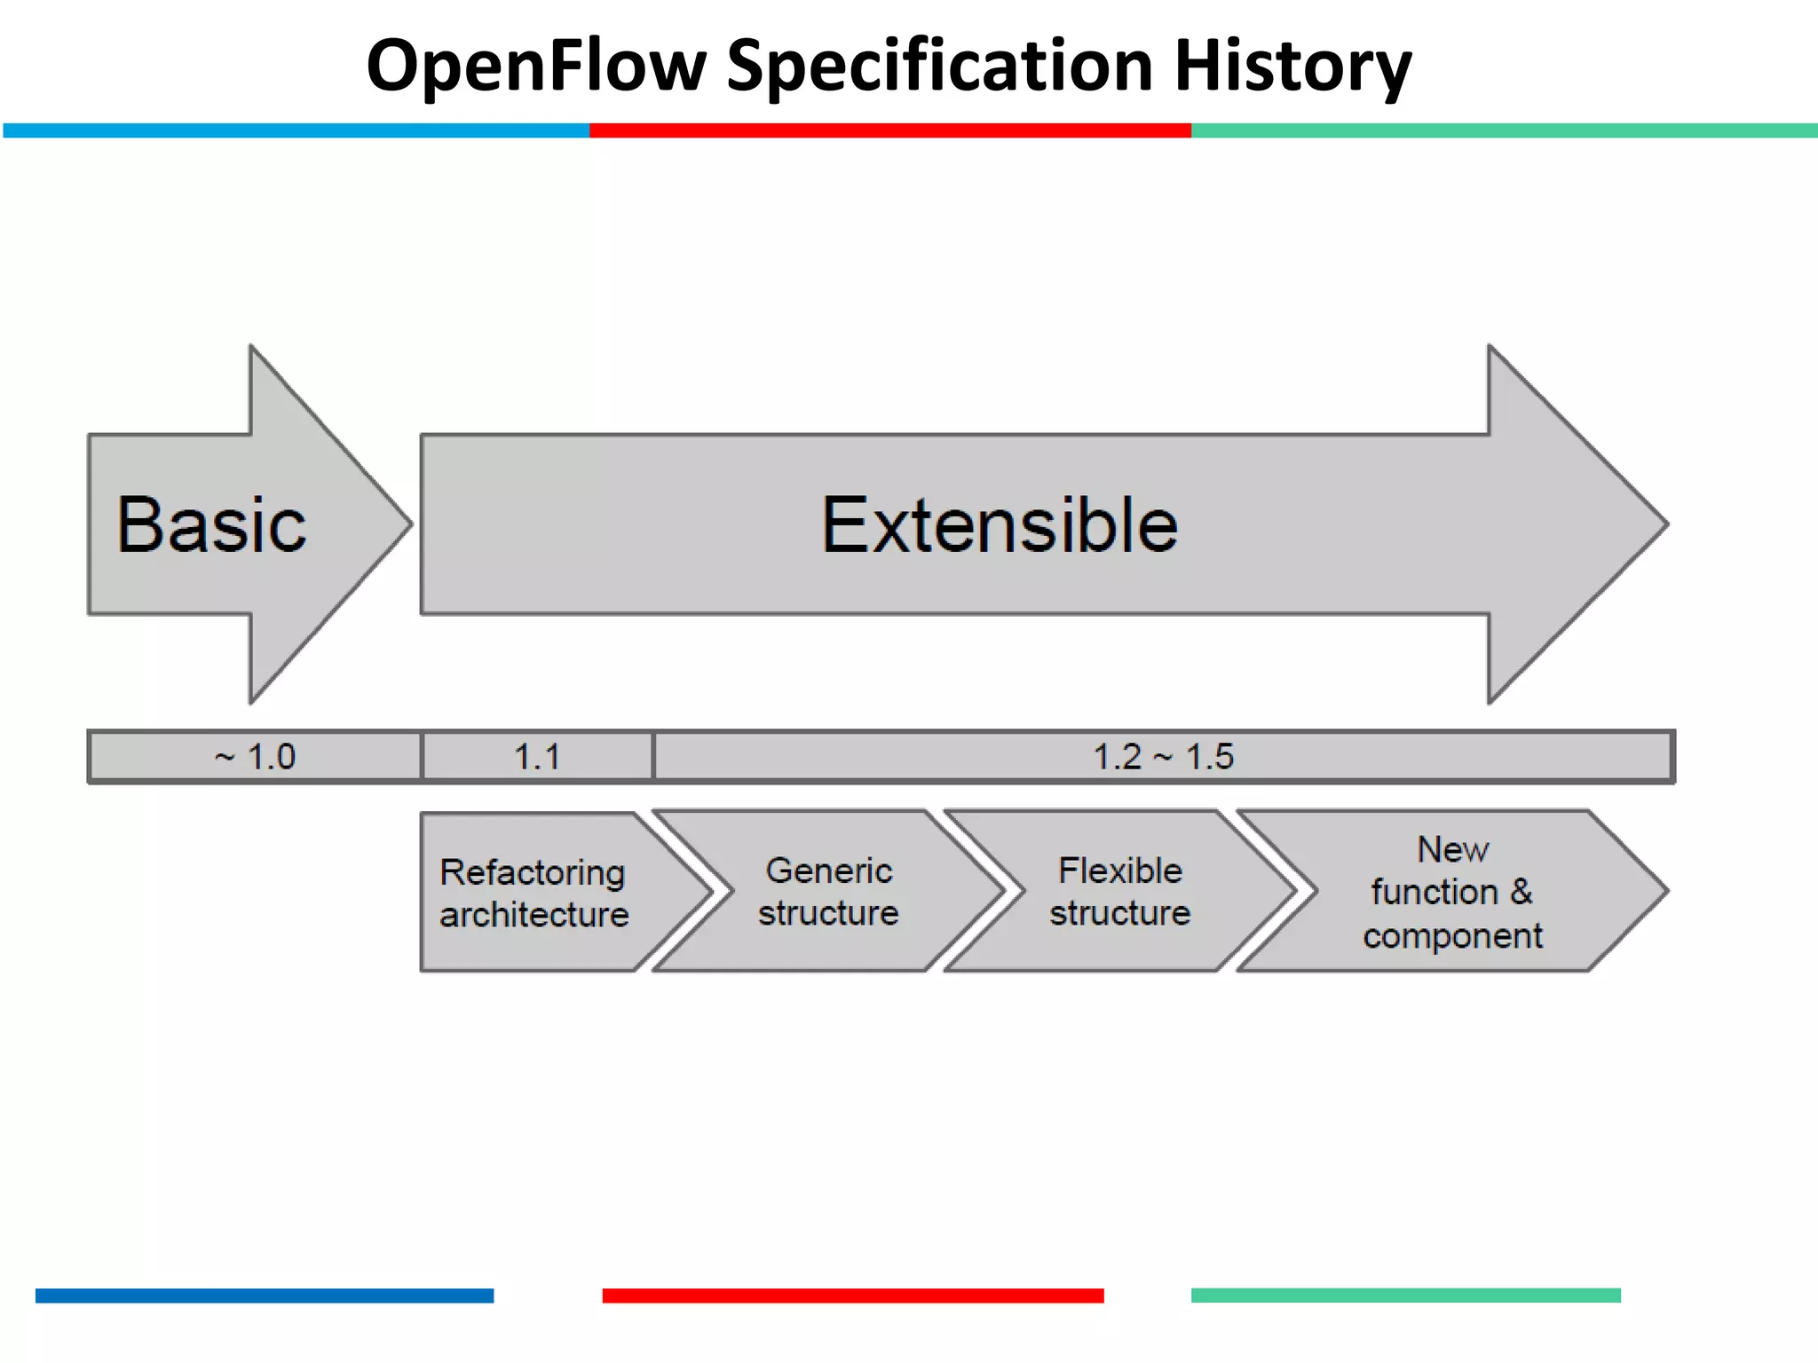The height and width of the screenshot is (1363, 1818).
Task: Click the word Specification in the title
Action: click(x=939, y=67)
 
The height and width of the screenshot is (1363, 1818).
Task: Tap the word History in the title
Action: click(x=1292, y=67)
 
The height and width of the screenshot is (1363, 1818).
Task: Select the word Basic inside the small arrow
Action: click(x=211, y=525)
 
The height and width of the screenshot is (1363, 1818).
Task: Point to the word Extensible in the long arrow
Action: click(x=1000, y=525)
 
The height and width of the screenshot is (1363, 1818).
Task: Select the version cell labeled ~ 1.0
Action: click(x=255, y=757)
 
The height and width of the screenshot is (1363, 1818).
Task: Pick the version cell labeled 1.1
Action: click(x=537, y=757)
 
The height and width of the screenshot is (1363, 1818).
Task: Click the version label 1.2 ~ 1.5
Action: click(x=1163, y=757)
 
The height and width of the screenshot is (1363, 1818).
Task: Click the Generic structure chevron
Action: click(x=828, y=892)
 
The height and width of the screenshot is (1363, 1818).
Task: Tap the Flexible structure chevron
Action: click(x=1119, y=892)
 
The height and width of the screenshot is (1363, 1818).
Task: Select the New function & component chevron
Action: click(x=1452, y=892)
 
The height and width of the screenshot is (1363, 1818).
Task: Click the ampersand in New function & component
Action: click(x=1521, y=891)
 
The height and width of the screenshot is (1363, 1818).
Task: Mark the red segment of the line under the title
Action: click(x=889, y=130)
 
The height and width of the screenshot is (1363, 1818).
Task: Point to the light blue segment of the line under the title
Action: click(x=296, y=130)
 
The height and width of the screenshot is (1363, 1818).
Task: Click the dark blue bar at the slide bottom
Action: click(x=264, y=1296)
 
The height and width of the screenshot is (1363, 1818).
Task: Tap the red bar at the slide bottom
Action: click(x=852, y=1296)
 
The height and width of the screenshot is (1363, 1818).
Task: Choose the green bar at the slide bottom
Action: click(x=1405, y=1296)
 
